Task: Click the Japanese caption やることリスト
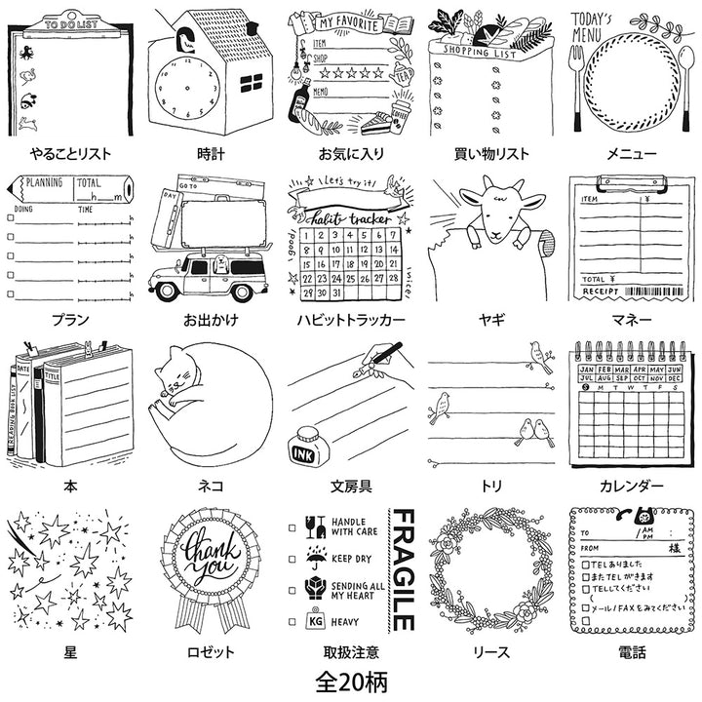click(71, 153)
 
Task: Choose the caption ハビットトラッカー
click(350, 320)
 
